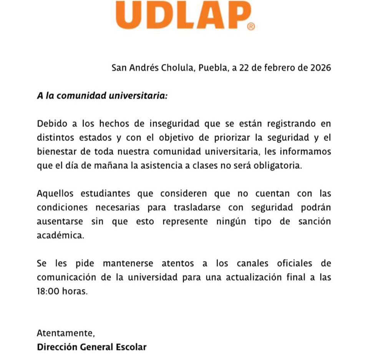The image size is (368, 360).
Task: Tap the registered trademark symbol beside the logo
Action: coord(251,27)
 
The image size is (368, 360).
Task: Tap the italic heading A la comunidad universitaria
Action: coord(102,96)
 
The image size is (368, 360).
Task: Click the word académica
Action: coord(60,235)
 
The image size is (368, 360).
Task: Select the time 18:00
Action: coord(49,291)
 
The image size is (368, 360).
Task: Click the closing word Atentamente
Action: coord(66,333)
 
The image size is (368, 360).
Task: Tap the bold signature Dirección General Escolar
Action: coord(92,347)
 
